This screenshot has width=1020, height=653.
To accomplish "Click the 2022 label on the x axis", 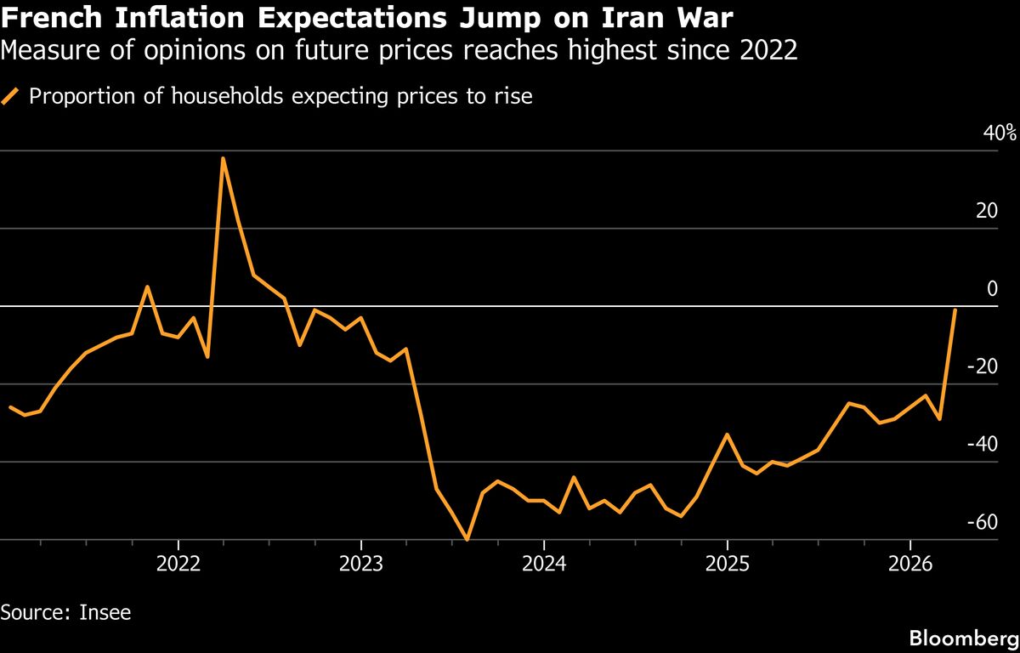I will (x=178, y=564).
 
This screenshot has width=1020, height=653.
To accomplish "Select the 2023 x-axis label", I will (x=361, y=564).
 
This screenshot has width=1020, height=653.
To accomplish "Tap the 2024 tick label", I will (x=544, y=564).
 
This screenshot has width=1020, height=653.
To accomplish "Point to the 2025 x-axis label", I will (x=727, y=564).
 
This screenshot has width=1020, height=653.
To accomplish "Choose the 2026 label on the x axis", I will (x=910, y=564).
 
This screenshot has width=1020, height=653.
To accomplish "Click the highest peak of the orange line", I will (x=223, y=158).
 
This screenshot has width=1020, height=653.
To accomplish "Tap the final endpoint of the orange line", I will (x=955, y=310).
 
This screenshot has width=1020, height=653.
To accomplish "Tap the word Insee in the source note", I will (x=106, y=611).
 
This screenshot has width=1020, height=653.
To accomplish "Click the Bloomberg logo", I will (x=963, y=637).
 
